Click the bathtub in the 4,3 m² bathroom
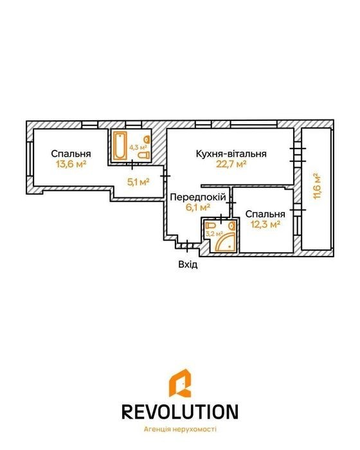(x=120, y=145)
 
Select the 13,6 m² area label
(x=71, y=164)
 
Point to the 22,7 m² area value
(x=231, y=164)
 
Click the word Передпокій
(x=198, y=197)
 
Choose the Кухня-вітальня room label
(x=231, y=154)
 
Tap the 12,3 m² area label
(x=265, y=224)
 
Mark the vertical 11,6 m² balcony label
(x=317, y=186)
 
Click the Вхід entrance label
(x=188, y=264)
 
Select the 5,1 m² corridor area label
(x=138, y=182)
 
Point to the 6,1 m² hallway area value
(x=198, y=207)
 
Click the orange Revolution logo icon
(x=180, y=383)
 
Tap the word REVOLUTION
(x=180, y=411)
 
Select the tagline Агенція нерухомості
(x=180, y=429)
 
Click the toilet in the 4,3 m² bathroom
(x=143, y=156)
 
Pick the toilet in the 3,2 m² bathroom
(x=212, y=225)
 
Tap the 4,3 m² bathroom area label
(x=138, y=147)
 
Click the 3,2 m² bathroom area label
(x=214, y=233)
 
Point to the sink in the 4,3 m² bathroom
(x=147, y=139)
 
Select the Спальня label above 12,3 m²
(x=265, y=214)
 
